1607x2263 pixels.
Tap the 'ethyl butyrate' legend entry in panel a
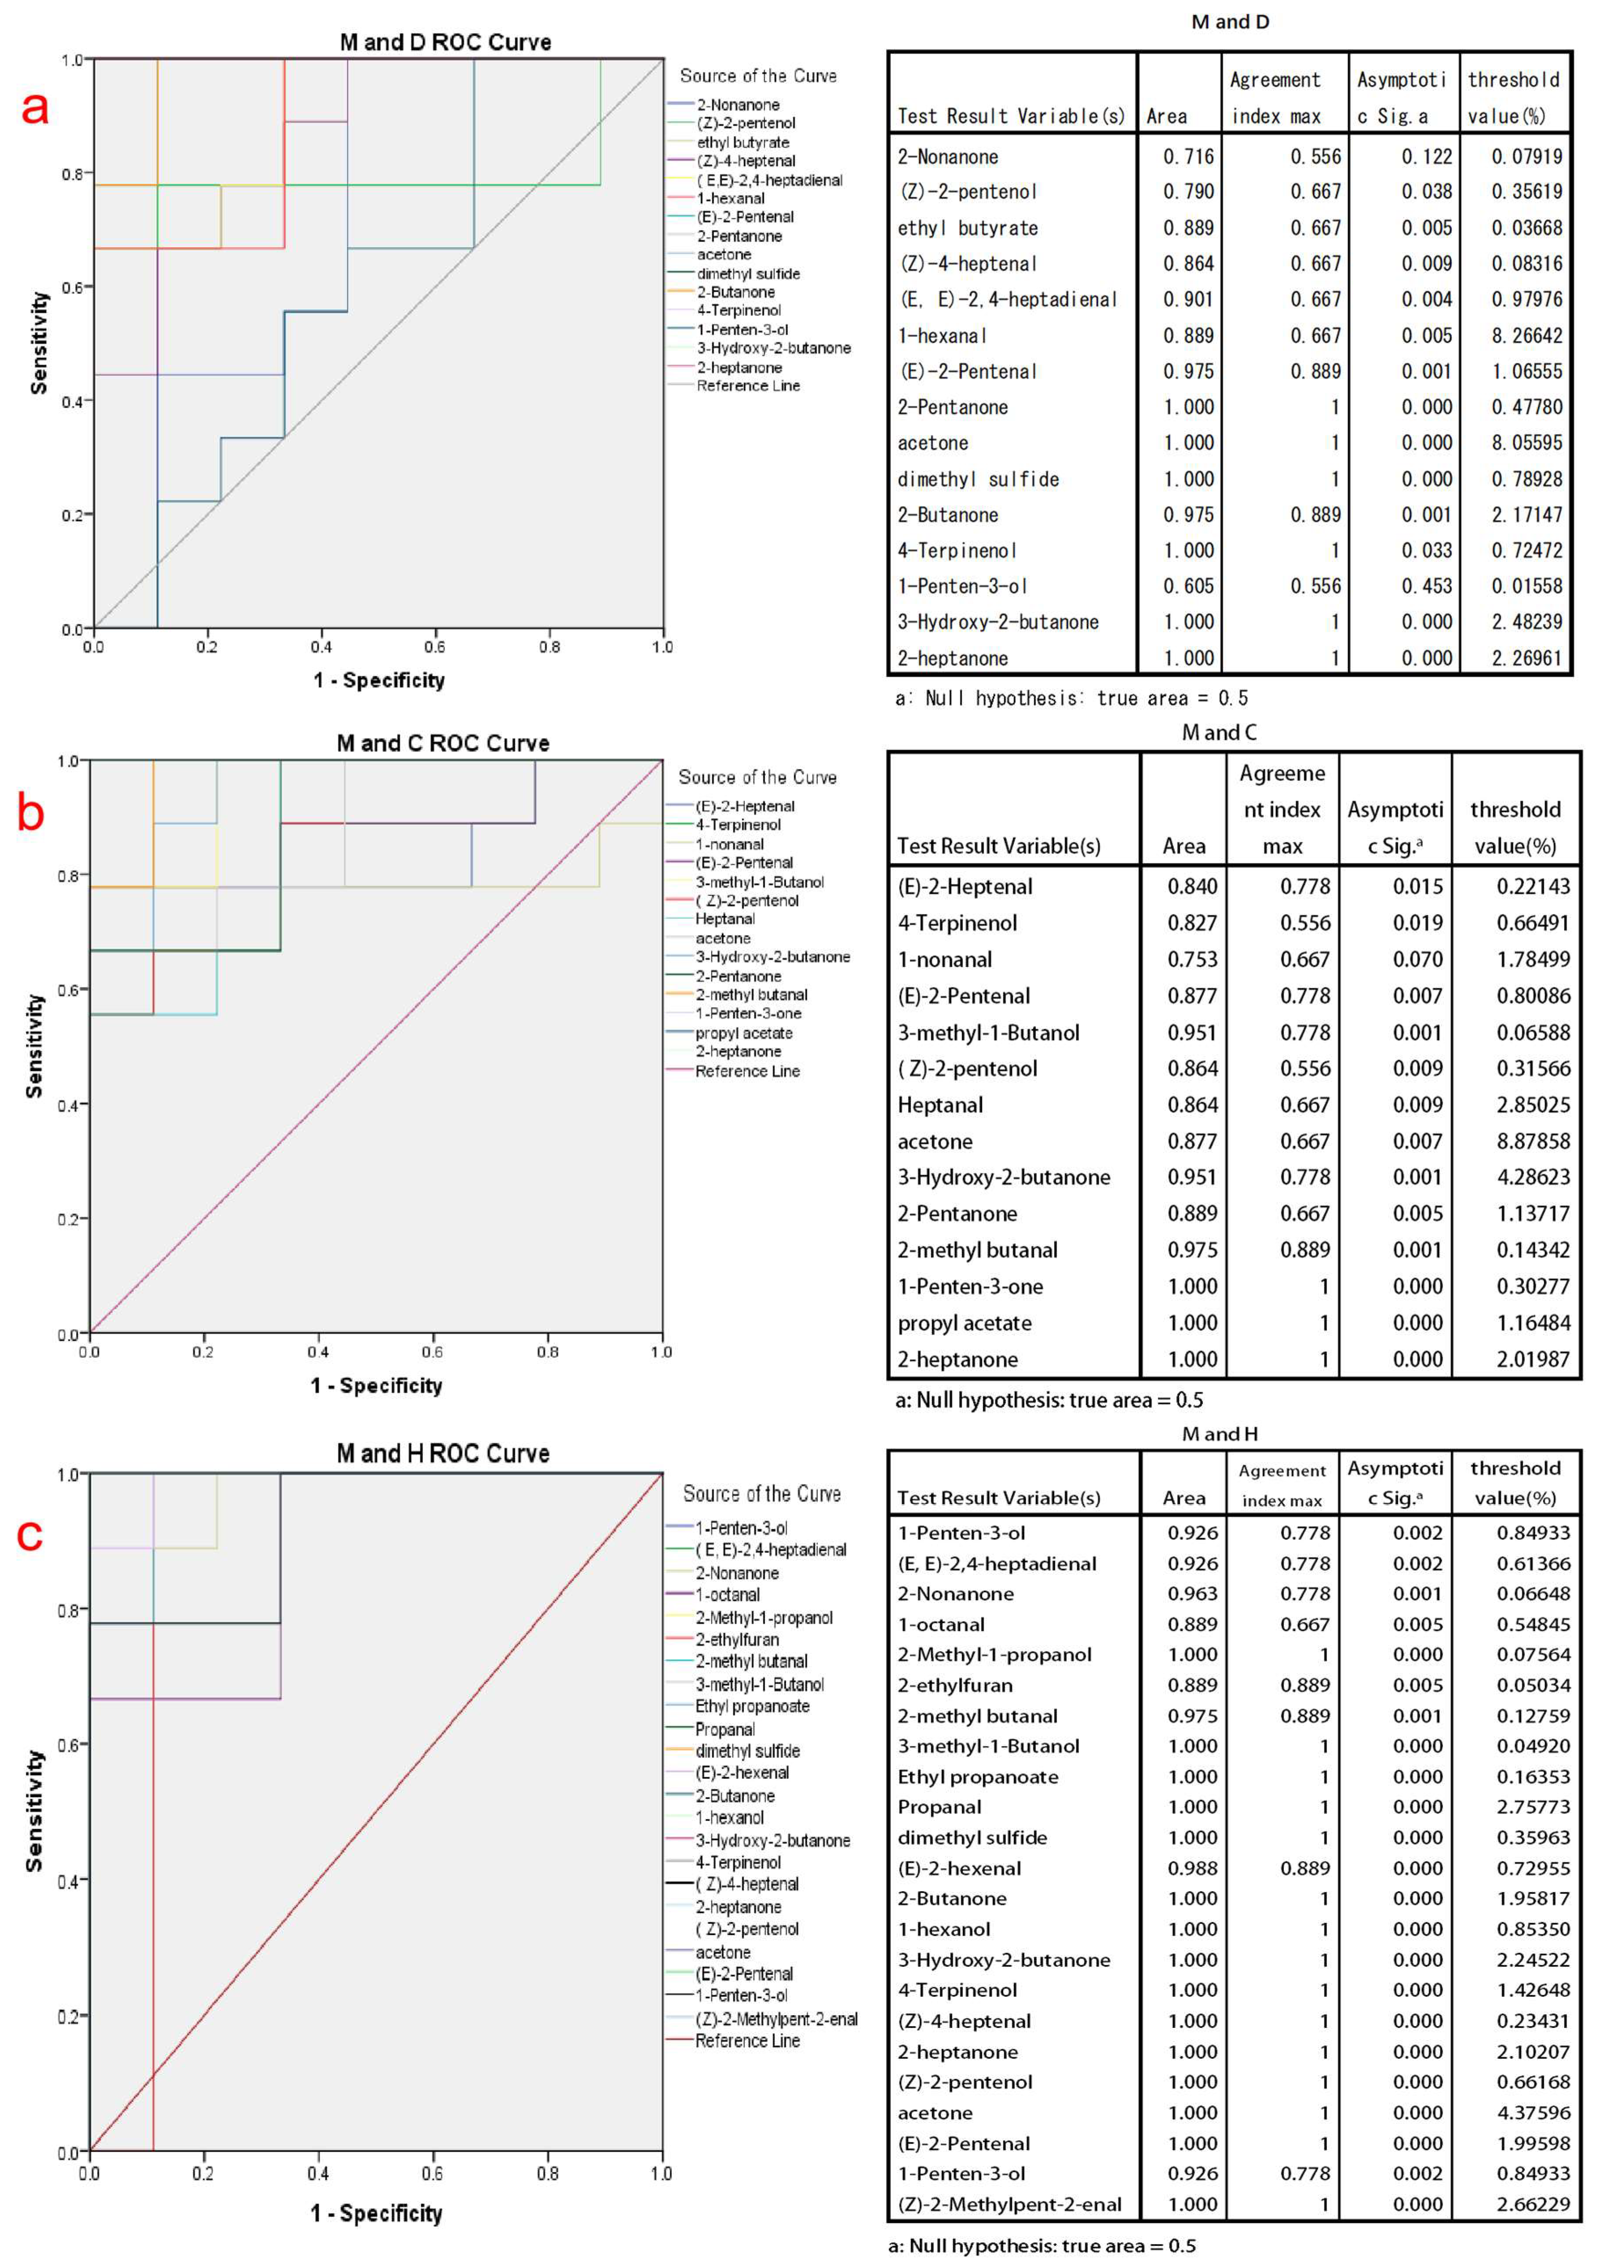[x=742, y=142]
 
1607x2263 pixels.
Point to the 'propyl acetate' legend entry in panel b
[x=743, y=1033]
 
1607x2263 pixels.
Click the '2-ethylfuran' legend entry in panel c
[x=736, y=1639]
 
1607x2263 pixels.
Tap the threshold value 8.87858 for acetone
[x=1532, y=1140]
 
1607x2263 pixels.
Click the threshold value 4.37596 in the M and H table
[x=1532, y=2112]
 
